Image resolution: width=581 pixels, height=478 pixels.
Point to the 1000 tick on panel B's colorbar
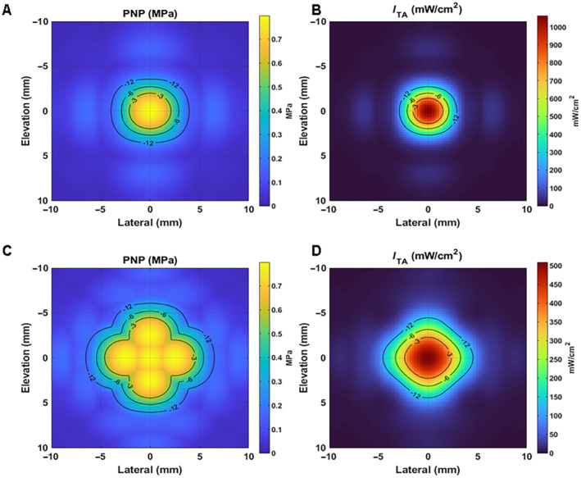pos(555,27)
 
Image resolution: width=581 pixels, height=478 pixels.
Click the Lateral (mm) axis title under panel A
pos(150,222)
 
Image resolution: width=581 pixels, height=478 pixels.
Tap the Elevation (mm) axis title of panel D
pos(310,357)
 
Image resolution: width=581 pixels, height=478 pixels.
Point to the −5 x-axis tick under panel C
pos(100,456)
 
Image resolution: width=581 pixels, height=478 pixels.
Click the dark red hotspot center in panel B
pos(428,111)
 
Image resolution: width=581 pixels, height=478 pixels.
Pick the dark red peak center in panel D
pos(428,357)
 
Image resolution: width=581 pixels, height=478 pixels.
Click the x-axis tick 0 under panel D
pos(428,456)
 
